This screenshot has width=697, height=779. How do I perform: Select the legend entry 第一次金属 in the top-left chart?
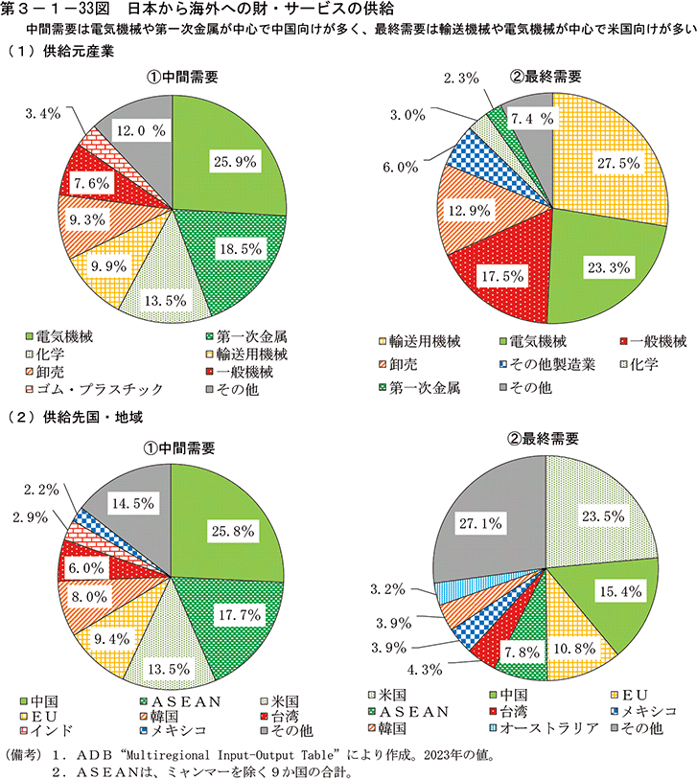coord(252,338)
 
